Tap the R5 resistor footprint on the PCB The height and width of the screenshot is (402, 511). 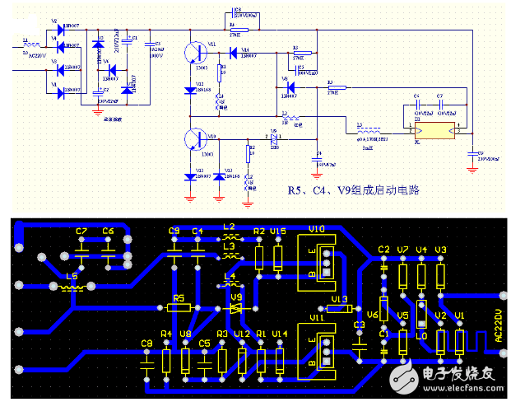pyautogui.click(x=179, y=307)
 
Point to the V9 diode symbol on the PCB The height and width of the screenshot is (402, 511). pyautogui.click(x=235, y=308)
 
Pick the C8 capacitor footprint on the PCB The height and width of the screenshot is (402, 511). pyautogui.click(x=147, y=360)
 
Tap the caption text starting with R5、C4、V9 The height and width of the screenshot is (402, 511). pyautogui.click(x=353, y=190)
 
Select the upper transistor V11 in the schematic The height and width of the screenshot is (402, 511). pyautogui.click(x=195, y=52)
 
